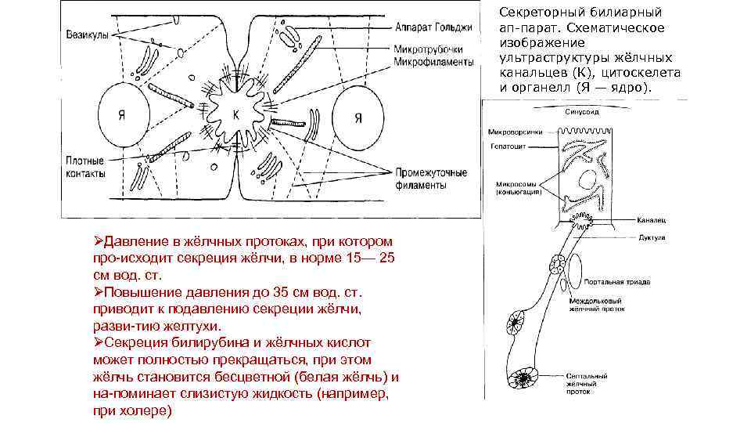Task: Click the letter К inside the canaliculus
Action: (236, 114)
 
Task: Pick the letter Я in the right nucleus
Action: (358, 118)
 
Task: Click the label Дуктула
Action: (651, 236)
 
